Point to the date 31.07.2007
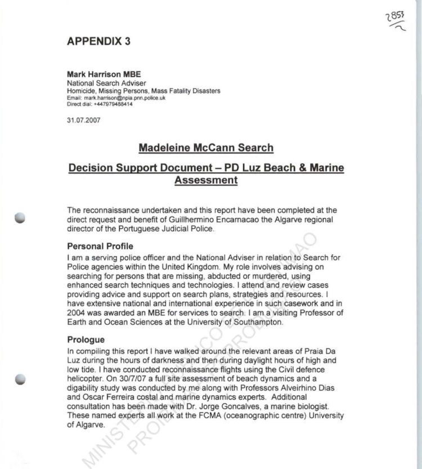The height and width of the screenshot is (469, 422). pos(82,119)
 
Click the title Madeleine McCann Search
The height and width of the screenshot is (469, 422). pos(205,148)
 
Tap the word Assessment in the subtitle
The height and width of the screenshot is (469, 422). pos(205,180)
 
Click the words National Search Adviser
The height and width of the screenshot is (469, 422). pos(106,83)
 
